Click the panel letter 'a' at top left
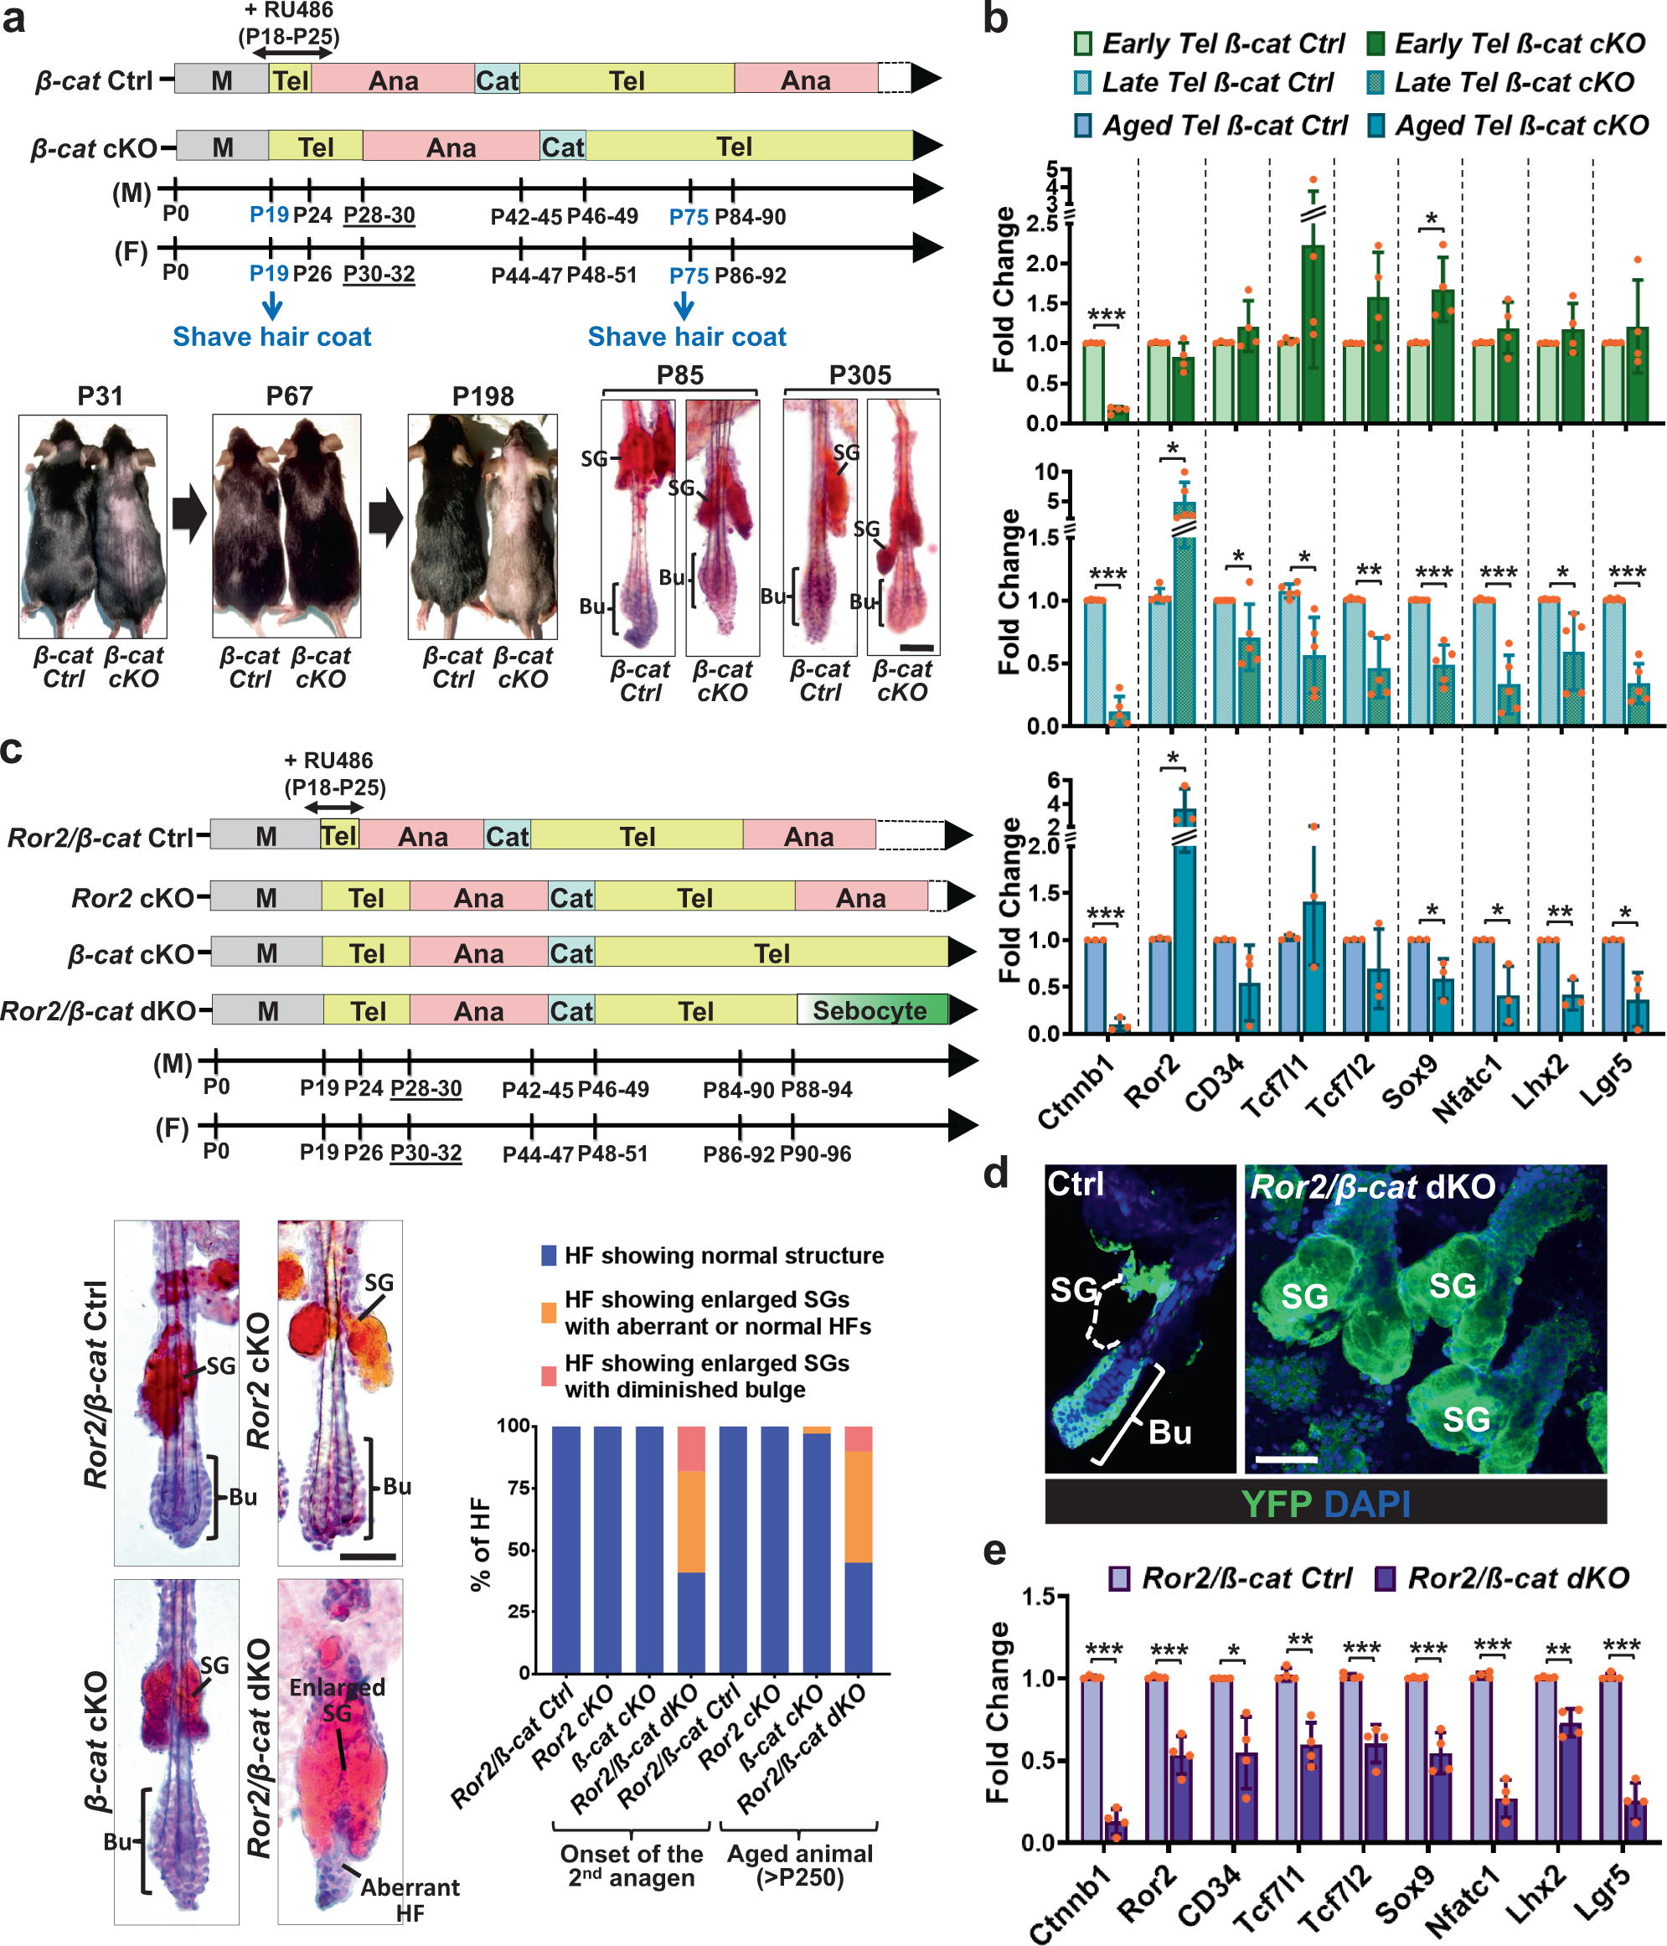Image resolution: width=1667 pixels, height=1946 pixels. tap(13, 18)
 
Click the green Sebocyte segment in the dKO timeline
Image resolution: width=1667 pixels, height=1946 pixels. tap(871, 1011)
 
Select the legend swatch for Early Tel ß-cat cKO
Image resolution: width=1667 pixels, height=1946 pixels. tap(1377, 44)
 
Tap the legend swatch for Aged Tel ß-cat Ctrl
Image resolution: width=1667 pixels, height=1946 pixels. tap(1084, 125)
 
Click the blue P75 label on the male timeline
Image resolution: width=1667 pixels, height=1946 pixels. tap(689, 217)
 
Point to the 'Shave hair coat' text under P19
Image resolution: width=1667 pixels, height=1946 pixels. tap(271, 337)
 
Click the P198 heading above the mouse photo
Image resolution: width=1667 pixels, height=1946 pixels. tap(483, 396)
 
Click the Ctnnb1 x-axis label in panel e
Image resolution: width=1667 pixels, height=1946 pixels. tap(1071, 1901)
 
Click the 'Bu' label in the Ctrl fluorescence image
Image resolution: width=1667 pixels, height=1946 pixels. tap(1169, 1432)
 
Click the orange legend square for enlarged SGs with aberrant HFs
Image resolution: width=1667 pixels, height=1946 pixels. tap(550, 1312)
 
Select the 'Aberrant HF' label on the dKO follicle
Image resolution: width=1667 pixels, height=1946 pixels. tap(410, 1900)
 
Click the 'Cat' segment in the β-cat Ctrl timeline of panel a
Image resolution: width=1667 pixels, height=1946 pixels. tap(497, 80)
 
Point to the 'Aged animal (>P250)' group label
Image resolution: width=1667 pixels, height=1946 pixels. tap(799, 1866)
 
